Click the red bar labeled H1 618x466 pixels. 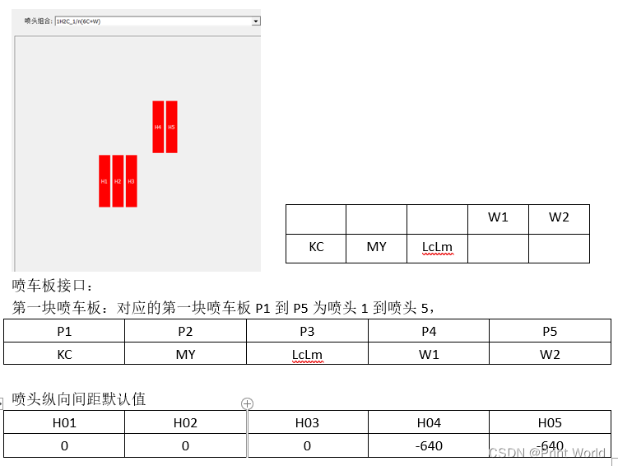pos(105,181)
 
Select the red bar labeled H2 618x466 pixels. pos(118,181)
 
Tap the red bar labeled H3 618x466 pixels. pos(131,181)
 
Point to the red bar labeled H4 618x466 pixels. pos(158,127)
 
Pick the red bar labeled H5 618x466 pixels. pos(171,127)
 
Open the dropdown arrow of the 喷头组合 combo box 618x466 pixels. pos(256,21)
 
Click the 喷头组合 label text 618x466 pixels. pos(38,21)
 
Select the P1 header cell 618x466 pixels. pos(64,332)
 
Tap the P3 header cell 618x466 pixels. pos(307,332)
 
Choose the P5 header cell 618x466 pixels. pos(550,332)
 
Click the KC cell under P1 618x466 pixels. pos(64,354)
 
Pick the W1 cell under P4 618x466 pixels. pos(429,354)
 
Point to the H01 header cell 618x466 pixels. pos(64,423)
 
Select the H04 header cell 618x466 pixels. pos(429,423)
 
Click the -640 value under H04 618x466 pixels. pos(429,446)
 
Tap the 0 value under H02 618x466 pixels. pos(185,446)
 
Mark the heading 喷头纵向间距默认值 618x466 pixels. pos(79,399)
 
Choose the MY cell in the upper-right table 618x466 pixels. pos(376,246)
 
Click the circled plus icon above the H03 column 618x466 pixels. pos(247,403)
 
